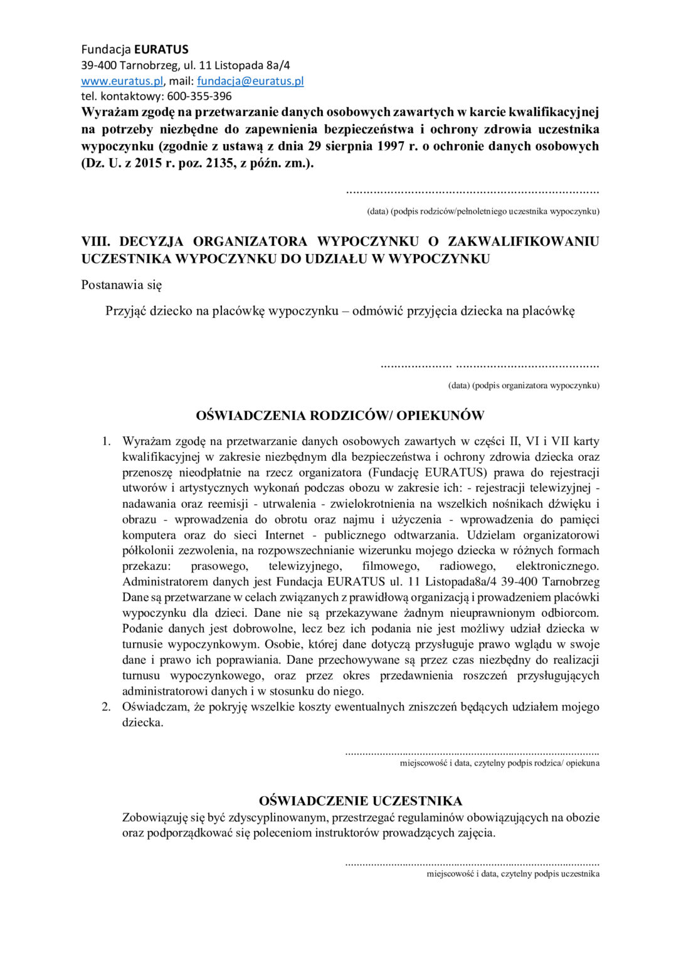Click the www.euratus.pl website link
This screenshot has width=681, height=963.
(x=122, y=81)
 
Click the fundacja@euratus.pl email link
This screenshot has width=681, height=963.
(x=250, y=81)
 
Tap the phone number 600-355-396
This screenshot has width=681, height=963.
(x=199, y=97)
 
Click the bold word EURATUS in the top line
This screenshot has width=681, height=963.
(x=161, y=50)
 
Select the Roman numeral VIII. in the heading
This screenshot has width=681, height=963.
(x=96, y=241)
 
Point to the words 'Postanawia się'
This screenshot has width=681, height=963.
(x=122, y=285)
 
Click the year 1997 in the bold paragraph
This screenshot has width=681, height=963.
(x=392, y=146)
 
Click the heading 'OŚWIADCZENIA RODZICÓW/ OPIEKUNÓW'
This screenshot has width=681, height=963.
(x=340, y=416)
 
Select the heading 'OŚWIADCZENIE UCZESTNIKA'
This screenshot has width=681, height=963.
(x=361, y=801)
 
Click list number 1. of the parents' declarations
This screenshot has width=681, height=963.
(x=106, y=441)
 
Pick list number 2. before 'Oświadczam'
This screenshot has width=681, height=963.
(x=106, y=707)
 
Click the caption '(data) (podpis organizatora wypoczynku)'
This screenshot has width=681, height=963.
(x=524, y=386)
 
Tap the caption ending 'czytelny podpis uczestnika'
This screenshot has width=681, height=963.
(x=513, y=874)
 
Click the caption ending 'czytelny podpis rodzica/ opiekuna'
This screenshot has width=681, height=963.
(x=499, y=763)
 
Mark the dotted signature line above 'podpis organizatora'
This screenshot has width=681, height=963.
(x=490, y=366)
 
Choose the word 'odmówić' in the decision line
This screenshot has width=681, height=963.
(x=377, y=311)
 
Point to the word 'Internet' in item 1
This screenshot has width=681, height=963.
(x=284, y=535)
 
